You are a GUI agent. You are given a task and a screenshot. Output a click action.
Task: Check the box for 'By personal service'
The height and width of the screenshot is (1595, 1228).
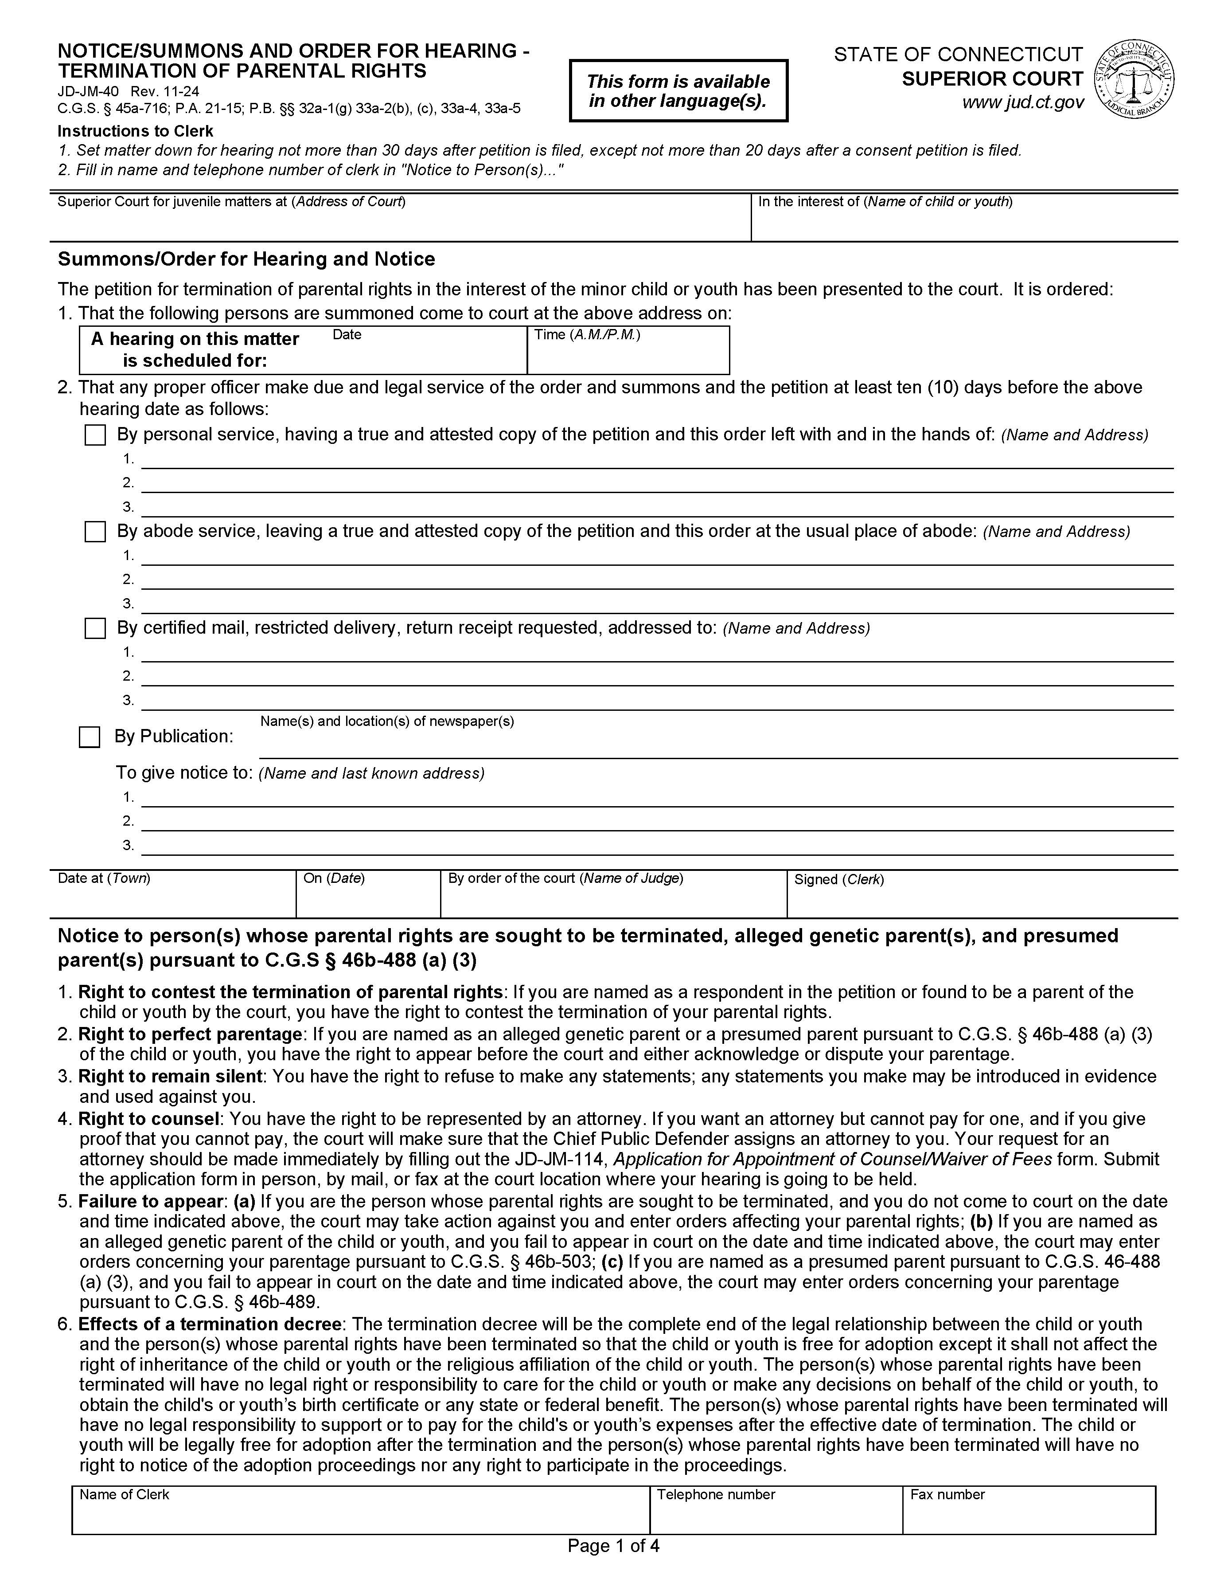[95, 435]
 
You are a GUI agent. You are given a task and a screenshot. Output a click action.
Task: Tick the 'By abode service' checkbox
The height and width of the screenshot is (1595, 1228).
[95, 532]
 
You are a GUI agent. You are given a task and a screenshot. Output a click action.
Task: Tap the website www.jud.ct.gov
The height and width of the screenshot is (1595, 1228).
[1022, 103]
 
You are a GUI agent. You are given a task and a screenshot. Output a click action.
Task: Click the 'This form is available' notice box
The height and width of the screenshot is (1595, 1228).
[678, 90]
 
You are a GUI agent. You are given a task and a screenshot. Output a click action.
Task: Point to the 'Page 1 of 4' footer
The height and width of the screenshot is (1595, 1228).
[613, 1546]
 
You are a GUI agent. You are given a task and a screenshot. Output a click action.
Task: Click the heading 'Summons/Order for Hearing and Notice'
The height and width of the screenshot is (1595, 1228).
[246, 259]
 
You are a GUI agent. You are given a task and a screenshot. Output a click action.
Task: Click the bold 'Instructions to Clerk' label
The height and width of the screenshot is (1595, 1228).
[135, 131]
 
